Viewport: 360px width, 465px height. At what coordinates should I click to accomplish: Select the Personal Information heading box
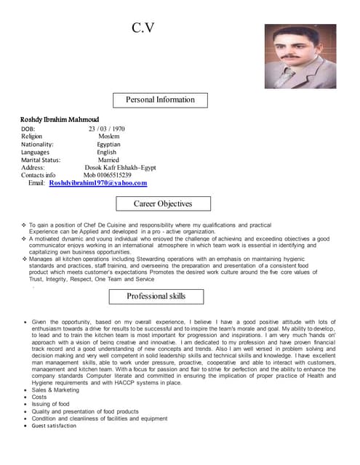pyautogui.click(x=161, y=100)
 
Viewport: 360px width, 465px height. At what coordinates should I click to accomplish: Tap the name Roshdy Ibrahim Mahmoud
pyautogui.click(x=59, y=119)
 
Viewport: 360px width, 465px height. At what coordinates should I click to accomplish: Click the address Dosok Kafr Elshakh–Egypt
pyautogui.click(x=120, y=168)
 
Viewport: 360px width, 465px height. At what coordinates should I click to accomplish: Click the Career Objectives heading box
pyautogui.click(x=163, y=204)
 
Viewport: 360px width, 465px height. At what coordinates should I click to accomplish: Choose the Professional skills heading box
pyautogui.click(x=156, y=296)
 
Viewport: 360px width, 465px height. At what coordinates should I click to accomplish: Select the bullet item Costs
pyautogui.click(x=39, y=397)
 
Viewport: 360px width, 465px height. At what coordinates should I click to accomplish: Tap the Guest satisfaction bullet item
pyautogui.click(x=54, y=426)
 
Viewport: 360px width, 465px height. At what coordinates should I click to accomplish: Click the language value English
pyautogui.click(x=107, y=153)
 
